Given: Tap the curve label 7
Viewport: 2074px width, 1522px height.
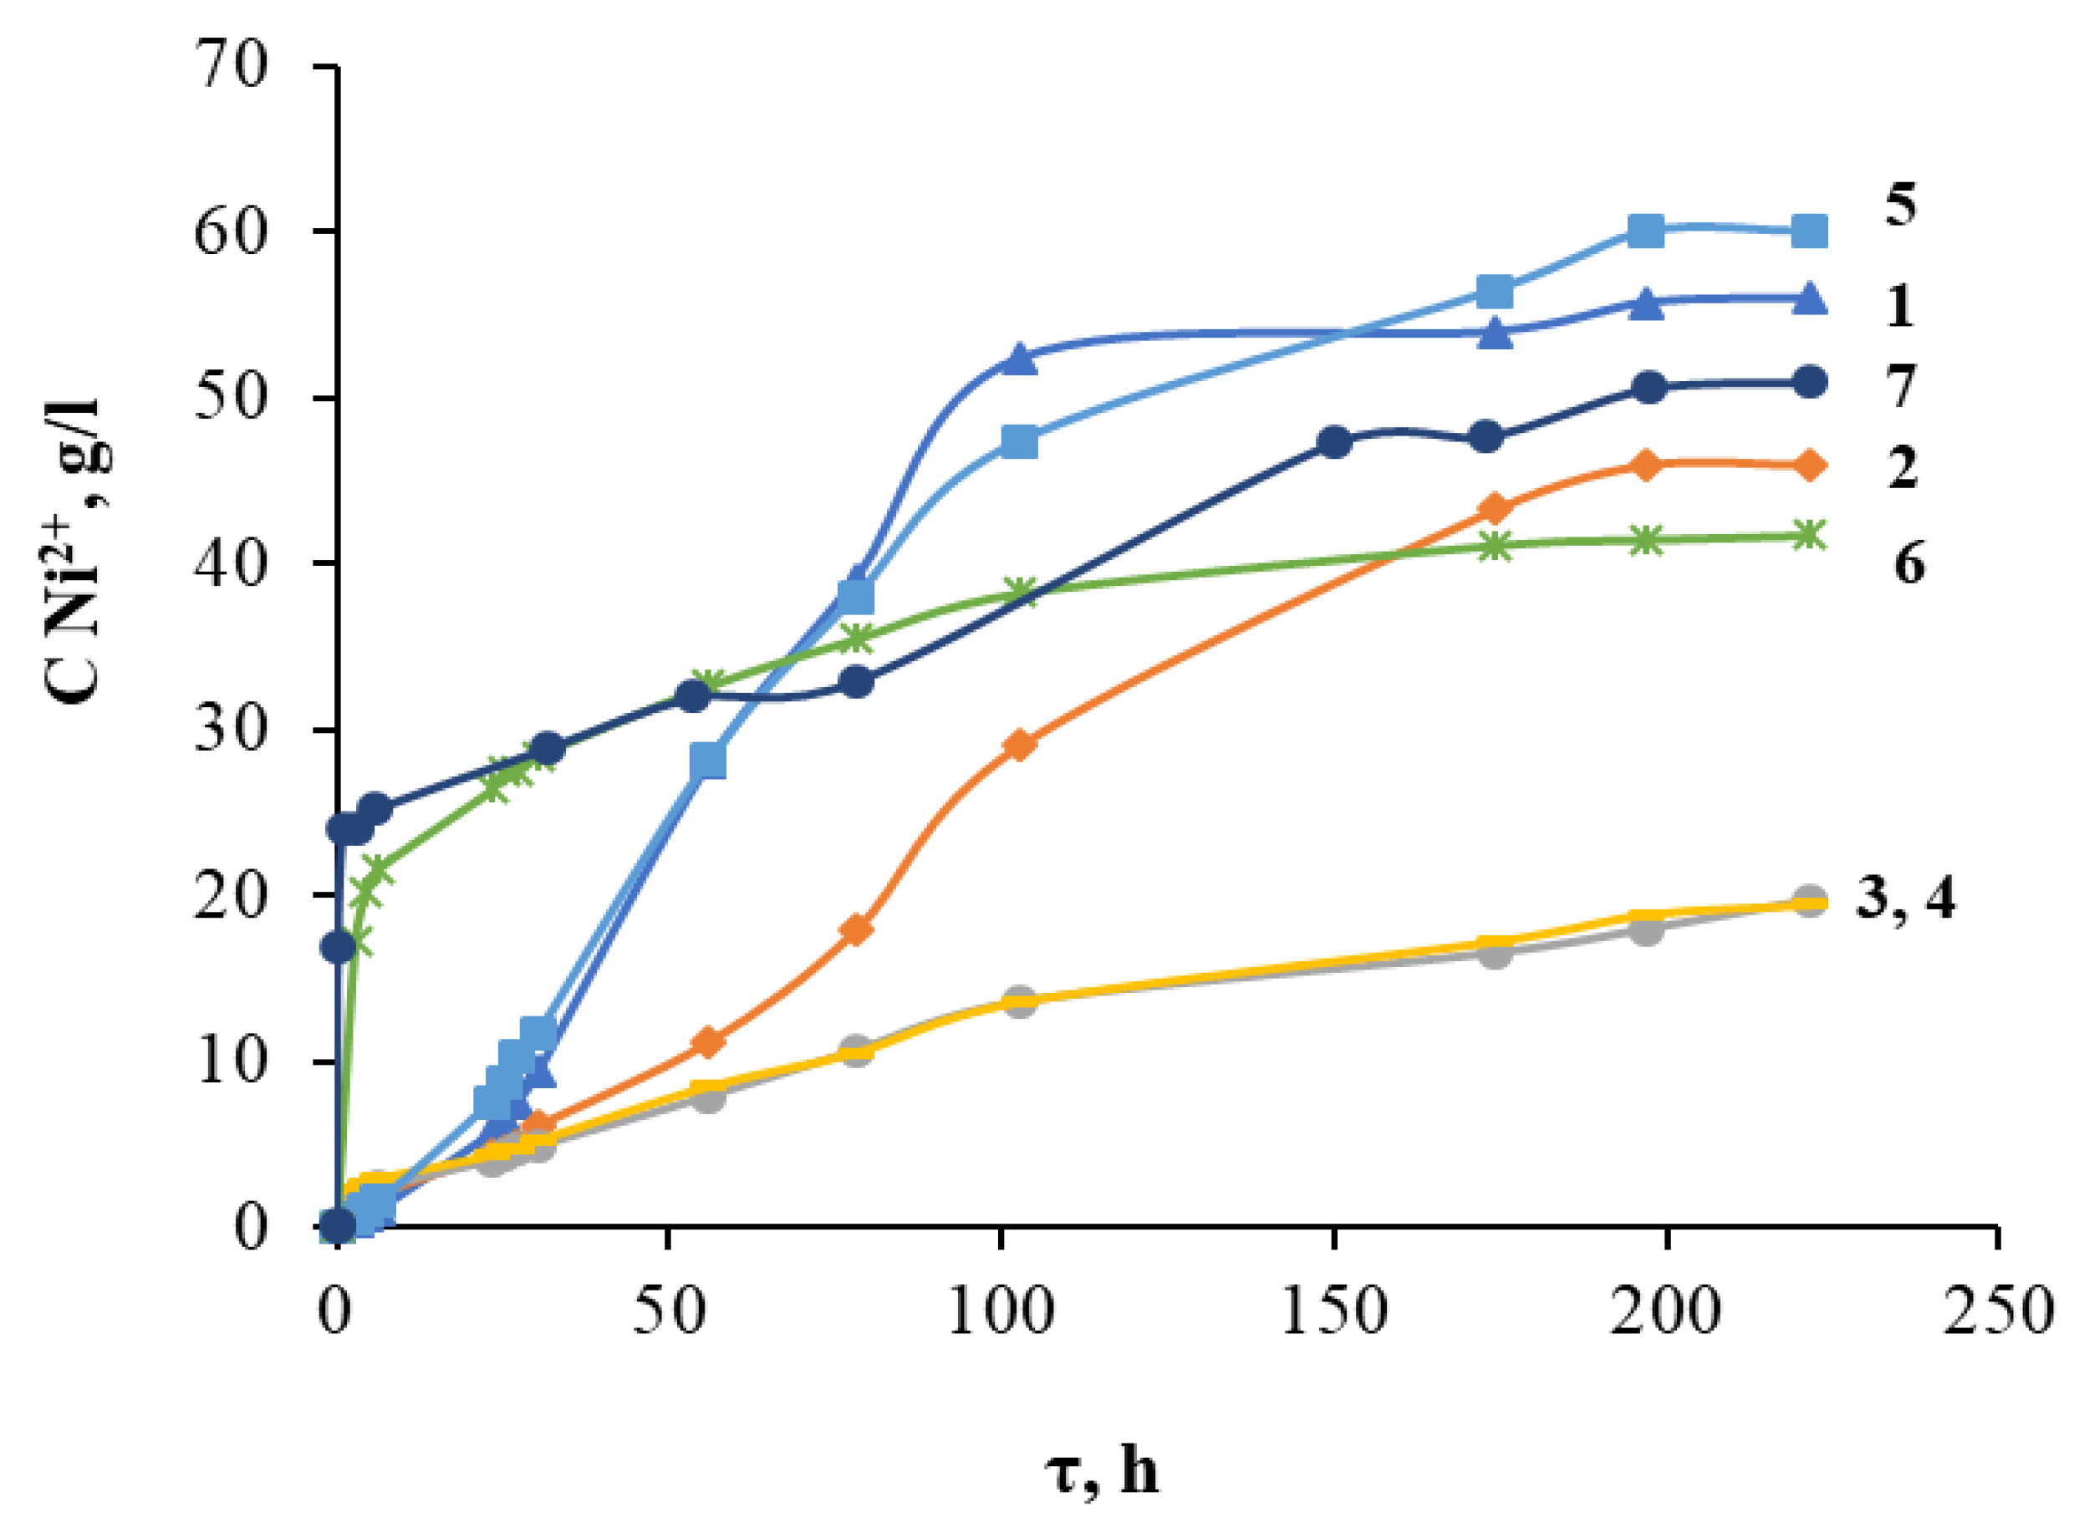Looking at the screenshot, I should click(x=1900, y=386).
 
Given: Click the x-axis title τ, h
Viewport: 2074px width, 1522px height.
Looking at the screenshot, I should click(x=1102, y=1471).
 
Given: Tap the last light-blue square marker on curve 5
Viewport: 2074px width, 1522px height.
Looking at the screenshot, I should click(x=1810, y=232).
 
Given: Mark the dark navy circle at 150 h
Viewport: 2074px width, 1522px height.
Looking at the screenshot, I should click(x=1334, y=442).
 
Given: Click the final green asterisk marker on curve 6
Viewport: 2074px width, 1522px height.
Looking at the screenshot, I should click(x=1810, y=535).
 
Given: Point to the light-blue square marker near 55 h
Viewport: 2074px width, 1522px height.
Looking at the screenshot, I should click(x=707, y=761).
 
